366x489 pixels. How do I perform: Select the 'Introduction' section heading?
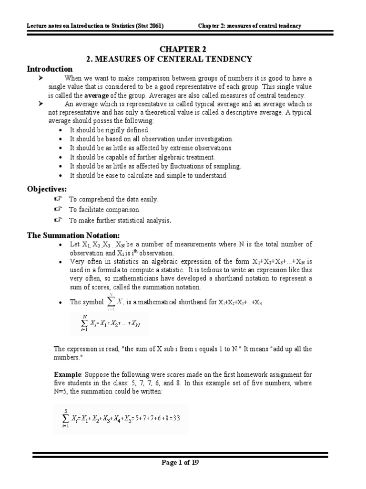(49, 69)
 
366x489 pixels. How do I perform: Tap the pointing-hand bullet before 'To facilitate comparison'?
(58, 209)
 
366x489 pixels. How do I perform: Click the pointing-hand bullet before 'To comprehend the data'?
(58, 199)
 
